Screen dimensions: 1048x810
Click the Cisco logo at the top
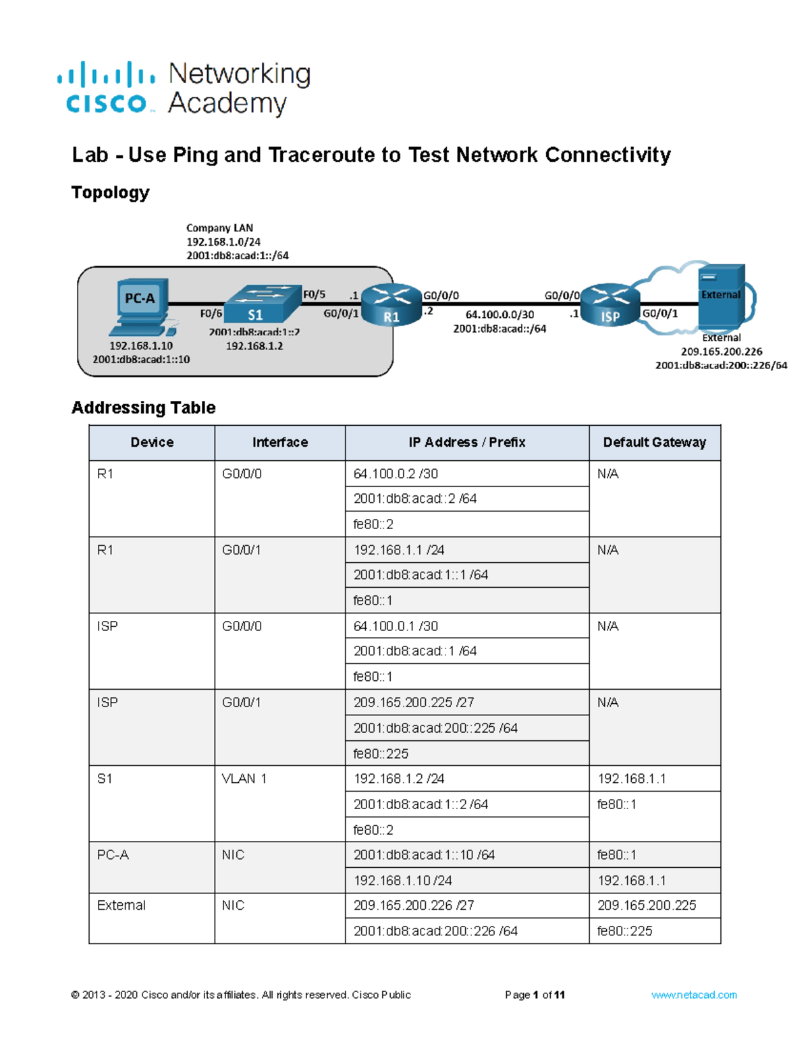click(107, 88)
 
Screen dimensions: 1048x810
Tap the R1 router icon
click(391, 305)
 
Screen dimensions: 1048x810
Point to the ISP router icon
click(610, 305)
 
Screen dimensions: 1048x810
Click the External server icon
click(721, 296)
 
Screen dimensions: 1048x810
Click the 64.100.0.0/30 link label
click(500, 314)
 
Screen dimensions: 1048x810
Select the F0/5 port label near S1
click(314, 294)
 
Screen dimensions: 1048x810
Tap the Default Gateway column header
click(654, 443)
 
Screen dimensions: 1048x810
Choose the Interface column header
click(279, 443)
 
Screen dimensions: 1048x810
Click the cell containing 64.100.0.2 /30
click(396, 474)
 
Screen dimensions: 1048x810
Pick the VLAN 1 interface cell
click(244, 779)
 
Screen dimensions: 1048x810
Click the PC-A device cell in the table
click(113, 855)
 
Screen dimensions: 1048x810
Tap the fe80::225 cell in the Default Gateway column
click(624, 931)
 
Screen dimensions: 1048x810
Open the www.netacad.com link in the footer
click(694, 995)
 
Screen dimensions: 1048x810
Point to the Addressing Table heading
click(144, 408)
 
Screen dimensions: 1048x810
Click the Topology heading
click(110, 193)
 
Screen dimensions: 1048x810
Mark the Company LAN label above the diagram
click(219, 228)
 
